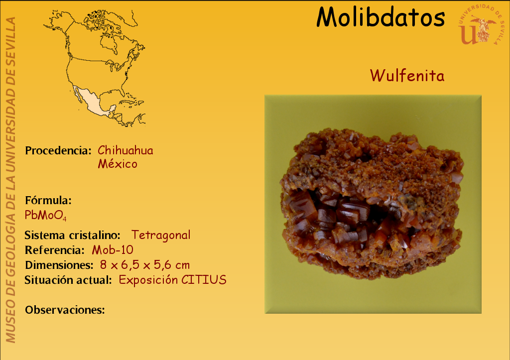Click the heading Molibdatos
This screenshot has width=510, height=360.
tap(381, 17)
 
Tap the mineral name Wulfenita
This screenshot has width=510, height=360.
tap(407, 76)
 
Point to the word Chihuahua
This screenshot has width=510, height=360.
tap(125, 150)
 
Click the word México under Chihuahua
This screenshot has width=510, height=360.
tap(118, 164)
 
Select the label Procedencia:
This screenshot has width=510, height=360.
tap(58, 150)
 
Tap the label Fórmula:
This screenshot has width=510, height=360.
tap(48, 200)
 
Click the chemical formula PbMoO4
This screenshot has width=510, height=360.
tap(45, 215)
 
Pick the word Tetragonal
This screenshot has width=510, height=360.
tap(161, 235)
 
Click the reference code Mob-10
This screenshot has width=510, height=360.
tap(113, 250)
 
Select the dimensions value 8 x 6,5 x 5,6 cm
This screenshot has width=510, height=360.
tap(145, 265)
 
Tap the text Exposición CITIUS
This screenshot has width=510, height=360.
tap(172, 280)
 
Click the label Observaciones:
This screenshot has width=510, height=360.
tap(65, 310)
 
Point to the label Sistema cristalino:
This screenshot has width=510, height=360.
tap(72, 235)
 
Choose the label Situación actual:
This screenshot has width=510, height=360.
tap(68, 280)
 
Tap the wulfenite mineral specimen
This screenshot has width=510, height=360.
tap(372, 204)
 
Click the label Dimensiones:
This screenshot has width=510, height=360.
tap(59, 265)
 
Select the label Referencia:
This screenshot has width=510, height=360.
tap(54, 250)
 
